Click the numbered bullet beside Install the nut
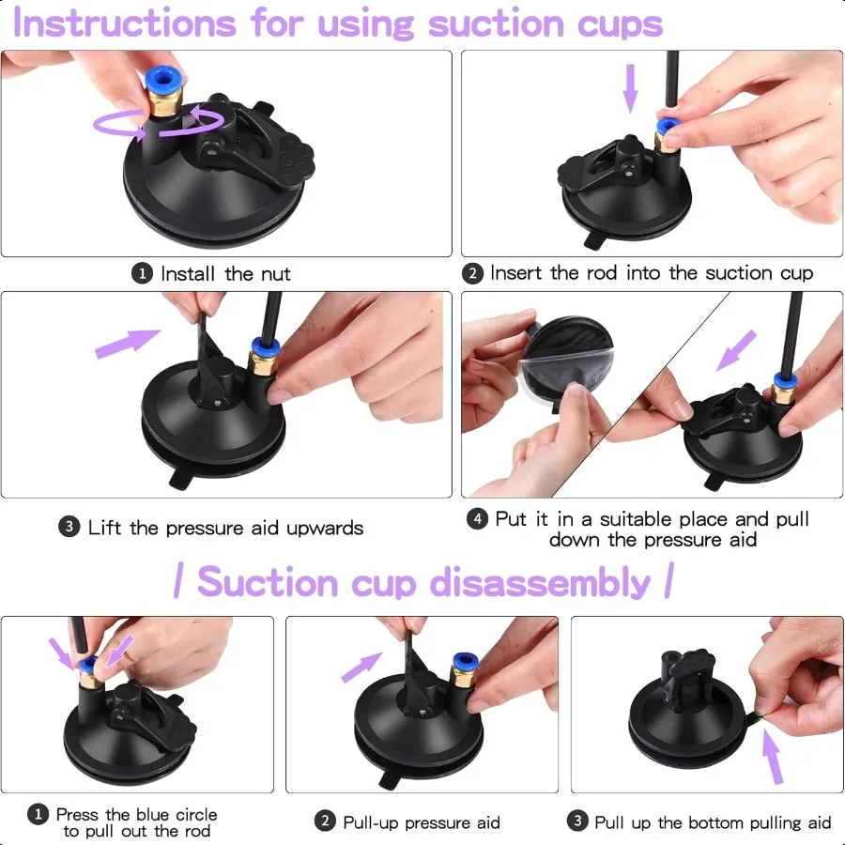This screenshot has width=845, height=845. coord(142,274)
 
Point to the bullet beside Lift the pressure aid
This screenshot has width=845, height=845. coord(69,528)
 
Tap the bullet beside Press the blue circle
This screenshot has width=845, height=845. coord(38,815)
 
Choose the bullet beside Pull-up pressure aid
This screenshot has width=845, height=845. coord(325,822)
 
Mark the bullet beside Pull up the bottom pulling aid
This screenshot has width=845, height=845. coord(577,822)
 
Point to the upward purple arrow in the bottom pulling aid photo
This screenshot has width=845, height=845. coord(773,756)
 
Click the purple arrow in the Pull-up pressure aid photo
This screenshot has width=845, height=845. coord(361,666)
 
